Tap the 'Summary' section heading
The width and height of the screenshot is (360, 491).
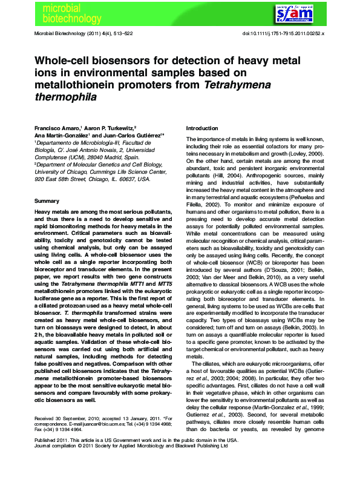pyautogui.click(x=47, y=200)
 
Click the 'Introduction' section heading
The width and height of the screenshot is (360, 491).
pyautogui.click(x=201, y=128)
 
